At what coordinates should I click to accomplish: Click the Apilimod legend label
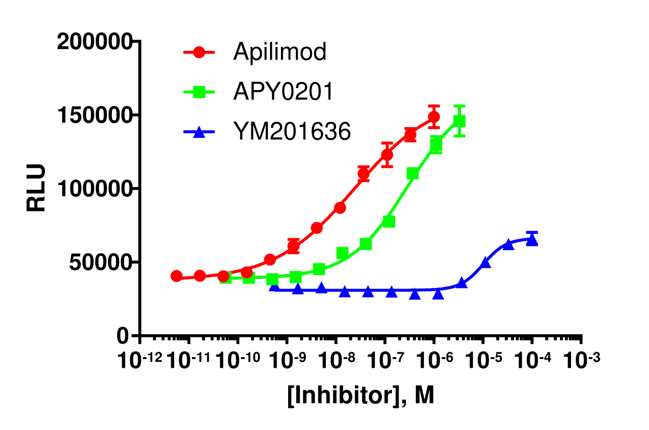pos(280,52)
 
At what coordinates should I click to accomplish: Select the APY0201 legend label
pos(283,92)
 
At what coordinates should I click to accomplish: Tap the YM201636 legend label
pos(292,131)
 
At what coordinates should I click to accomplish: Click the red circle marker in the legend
pos(199,52)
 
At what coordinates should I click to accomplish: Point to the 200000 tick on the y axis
pos(94,42)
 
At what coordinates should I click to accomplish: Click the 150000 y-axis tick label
pos(94,116)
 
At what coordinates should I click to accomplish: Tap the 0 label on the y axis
pos(123,336)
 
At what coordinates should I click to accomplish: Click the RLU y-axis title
pos(36,188)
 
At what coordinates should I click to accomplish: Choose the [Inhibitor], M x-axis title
pos(361,395)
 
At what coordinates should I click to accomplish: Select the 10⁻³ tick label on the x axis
pos(582,360)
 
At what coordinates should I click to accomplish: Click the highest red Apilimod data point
pos(434,116)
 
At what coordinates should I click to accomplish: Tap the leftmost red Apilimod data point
pos(177,276)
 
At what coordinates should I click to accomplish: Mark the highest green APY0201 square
pos(459,121)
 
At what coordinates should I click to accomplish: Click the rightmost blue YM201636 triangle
pos(532,240)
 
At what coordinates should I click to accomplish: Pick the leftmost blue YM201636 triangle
pos(274,286)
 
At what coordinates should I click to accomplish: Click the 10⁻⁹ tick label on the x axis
pos(288,360)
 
